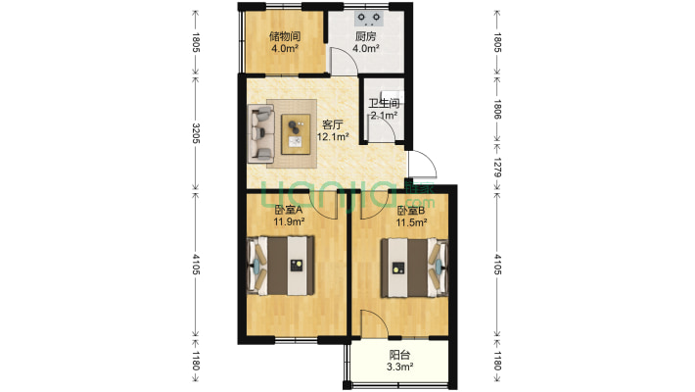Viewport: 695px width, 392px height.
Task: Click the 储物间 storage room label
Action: pos(285,36)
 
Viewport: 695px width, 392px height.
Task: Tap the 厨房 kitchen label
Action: pos(366,36)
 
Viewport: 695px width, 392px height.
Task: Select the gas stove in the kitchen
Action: pos(369,18)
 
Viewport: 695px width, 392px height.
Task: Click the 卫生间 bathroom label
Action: pos(384,104)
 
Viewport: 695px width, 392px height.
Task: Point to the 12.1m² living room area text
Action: pos(333,137)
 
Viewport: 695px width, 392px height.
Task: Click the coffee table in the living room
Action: pos(296,134)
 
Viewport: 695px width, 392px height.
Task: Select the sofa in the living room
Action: pos(260,133)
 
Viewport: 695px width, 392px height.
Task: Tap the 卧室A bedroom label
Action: pos(288,210)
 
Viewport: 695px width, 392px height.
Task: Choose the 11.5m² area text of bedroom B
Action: pos(411,222)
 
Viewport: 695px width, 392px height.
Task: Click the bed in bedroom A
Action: pos(281,266)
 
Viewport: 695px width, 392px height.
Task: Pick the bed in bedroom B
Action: pos(414,268)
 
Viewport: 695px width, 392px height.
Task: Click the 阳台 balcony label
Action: pos(399,355)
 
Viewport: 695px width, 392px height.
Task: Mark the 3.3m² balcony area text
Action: pos(399,367)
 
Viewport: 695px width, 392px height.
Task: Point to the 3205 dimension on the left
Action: pos(196,132)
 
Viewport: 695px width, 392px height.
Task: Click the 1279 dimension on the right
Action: pos(497,168)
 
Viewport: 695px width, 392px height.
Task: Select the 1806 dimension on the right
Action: pos(497,109)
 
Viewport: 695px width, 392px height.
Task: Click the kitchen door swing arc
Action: pos(345,60)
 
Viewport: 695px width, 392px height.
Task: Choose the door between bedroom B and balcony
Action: pos(375,324)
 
